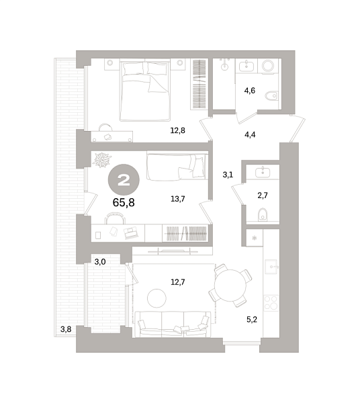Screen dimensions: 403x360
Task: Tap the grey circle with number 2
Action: pyautogui.click(x=124, y=179)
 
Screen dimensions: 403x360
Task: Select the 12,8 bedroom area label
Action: pyautogui.click(x=177, y=131)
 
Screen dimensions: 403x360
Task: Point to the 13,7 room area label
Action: pyautogui.click(x=178, y=198)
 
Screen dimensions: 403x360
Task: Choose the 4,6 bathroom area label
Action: pyautogui.click(x=250, y=90)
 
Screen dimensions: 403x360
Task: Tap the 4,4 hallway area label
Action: pyautogui.click(x=250, y=135)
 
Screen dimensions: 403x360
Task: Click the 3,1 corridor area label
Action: pyautogui.click(x=228, y=175)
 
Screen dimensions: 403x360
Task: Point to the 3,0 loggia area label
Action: pyautogui.click(x=99, y=261)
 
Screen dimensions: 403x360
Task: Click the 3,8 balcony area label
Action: pyautogui.click(x=66, y=329)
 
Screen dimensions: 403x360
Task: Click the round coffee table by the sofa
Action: pyautogui.click(x=157, y=296)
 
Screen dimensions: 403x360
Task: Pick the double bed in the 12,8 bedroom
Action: pyautogui.click(x=144, y=94)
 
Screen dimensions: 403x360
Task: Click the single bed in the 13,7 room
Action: pyautogui.click(x=176, y=167)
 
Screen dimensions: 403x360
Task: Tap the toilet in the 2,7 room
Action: pyautogui.click(x=263, y=214)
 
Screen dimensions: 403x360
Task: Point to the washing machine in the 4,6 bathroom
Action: pyautogui.click(x=269, y=66)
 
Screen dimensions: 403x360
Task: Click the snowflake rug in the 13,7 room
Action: pyautogui.click(x=102, y=161)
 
